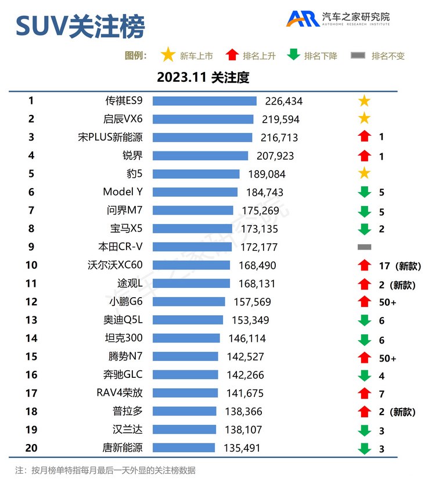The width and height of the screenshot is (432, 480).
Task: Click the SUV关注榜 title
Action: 80,26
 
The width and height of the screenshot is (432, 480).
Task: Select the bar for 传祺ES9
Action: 204,101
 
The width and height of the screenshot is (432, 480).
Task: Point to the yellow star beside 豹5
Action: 364,174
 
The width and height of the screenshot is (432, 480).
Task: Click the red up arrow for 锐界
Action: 364,156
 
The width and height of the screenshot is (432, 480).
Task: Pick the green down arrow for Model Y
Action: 364,192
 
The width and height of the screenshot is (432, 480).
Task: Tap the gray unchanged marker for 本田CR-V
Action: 364,247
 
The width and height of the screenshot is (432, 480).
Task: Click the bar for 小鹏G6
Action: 189,302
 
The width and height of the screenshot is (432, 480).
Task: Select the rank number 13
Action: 31,320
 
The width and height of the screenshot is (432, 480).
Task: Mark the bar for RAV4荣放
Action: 185,394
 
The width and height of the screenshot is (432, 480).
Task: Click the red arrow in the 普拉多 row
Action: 364,412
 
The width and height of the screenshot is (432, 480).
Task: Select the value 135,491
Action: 242,448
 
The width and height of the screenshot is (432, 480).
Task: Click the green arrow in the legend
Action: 294,55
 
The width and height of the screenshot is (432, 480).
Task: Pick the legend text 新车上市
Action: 196,56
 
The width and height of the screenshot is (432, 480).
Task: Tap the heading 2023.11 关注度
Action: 203,78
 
